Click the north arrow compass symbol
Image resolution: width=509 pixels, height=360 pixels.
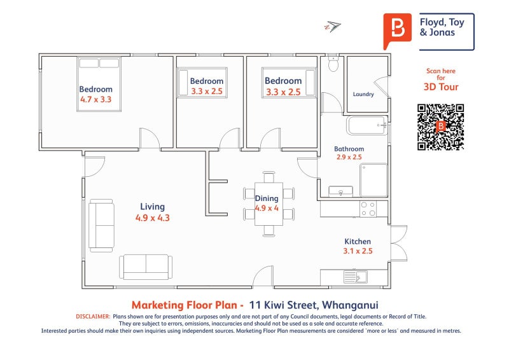332,26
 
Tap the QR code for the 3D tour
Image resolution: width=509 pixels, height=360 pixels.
440,127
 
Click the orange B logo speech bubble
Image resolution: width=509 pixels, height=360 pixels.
397,31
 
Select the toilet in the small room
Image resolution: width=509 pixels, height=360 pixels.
333,64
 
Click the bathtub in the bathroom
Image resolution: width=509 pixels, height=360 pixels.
367,125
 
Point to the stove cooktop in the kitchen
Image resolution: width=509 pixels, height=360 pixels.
368,209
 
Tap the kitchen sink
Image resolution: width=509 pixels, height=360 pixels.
356,277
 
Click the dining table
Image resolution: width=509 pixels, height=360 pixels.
268,204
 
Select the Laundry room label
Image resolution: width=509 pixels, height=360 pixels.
363,94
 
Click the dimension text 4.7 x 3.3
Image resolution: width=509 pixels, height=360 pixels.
96,99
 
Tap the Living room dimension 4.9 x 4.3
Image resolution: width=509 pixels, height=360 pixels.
153,218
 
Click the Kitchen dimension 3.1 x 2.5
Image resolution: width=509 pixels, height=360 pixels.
358,251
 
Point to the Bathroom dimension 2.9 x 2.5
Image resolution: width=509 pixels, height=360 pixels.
349,157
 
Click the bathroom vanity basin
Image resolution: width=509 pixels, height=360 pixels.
340,191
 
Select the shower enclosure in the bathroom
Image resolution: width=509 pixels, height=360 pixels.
373,180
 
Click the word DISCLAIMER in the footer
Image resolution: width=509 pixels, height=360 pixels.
93,317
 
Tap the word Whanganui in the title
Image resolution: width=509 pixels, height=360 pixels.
350,305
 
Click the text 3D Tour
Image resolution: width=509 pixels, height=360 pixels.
441,87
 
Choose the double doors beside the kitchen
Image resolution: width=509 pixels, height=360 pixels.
399,243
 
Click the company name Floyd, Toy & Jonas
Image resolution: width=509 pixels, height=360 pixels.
442,27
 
